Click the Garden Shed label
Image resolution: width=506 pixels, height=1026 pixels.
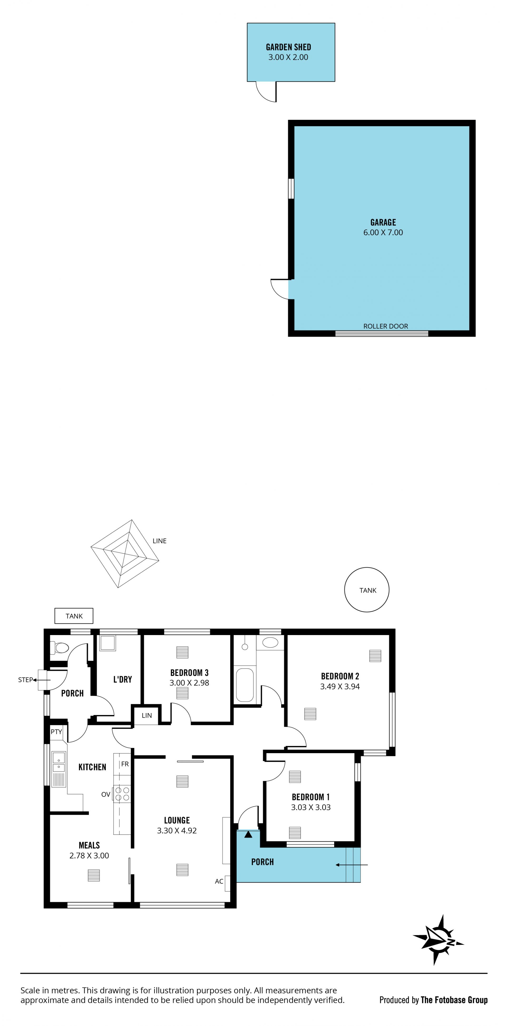288,47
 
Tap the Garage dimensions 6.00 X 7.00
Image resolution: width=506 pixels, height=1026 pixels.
383,233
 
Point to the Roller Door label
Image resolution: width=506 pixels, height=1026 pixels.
385,326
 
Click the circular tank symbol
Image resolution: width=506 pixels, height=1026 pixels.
366,590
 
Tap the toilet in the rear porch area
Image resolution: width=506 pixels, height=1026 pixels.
59,648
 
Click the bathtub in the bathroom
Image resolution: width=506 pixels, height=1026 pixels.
245,685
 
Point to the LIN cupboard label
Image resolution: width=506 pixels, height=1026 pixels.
147,715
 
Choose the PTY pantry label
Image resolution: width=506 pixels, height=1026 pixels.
56,732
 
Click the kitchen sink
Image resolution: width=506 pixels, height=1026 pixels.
59,769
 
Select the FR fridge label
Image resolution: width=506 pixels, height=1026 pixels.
125,764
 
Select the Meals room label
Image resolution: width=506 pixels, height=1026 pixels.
89,845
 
